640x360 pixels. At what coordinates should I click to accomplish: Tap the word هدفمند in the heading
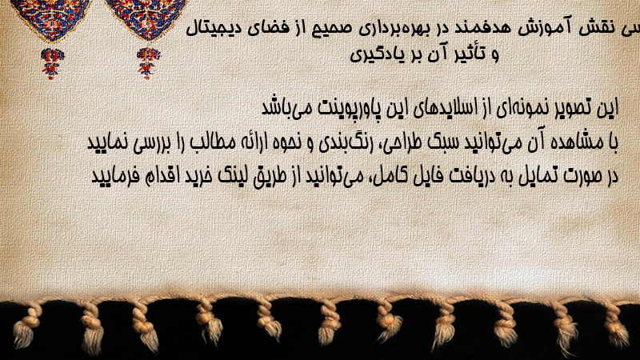(x=481, y=28)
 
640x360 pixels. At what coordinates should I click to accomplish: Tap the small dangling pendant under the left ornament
(x=52, y=62)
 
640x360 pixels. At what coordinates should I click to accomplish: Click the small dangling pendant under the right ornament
(x=148, y=62)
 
